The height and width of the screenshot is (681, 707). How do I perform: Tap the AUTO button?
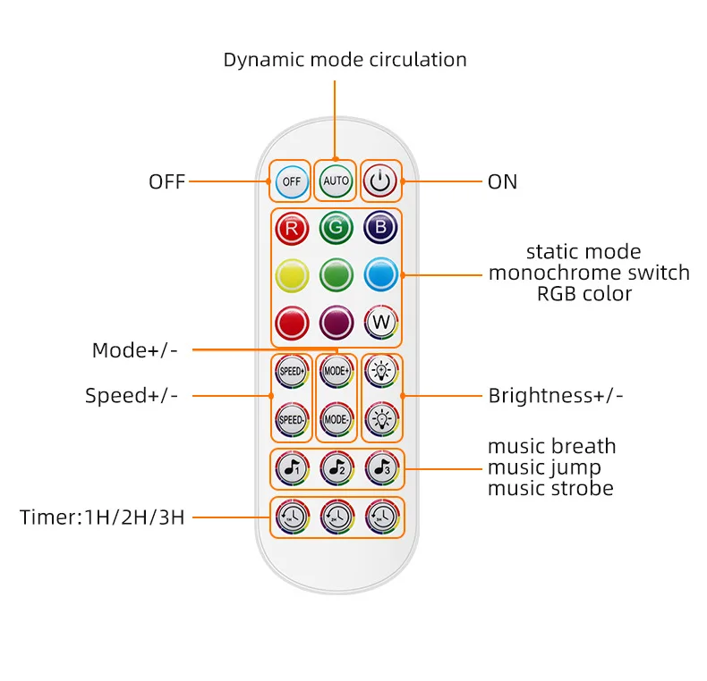(x=336, y=181)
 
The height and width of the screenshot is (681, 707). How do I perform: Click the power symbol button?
(x=380, y=181)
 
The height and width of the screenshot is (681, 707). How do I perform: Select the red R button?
(x=292, y=228)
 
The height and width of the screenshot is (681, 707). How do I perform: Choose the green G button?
(x=336, y=228)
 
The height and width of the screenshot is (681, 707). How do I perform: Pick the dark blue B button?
(x=380, y=228)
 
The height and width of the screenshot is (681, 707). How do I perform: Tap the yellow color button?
(x=292, y=274)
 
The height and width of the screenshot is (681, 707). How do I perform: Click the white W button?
(x=380, y=323)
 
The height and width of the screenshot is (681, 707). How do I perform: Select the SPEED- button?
(x=292, y=419)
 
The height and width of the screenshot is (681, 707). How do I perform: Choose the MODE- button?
(x=336, y=419)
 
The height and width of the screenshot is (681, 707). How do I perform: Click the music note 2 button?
(x=336, y=467)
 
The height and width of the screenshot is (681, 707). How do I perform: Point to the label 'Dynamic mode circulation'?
(x=345, y=60)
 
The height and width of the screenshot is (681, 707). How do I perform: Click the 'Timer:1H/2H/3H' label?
(x=102, y=517)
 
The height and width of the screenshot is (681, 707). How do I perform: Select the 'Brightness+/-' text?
(x=555, y=395)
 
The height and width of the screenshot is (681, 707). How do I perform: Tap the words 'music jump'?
(x=544, y=467)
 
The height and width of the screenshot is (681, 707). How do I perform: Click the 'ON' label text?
(x=502, y=181)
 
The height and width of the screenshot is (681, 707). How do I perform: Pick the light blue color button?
(x=380, y=274)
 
